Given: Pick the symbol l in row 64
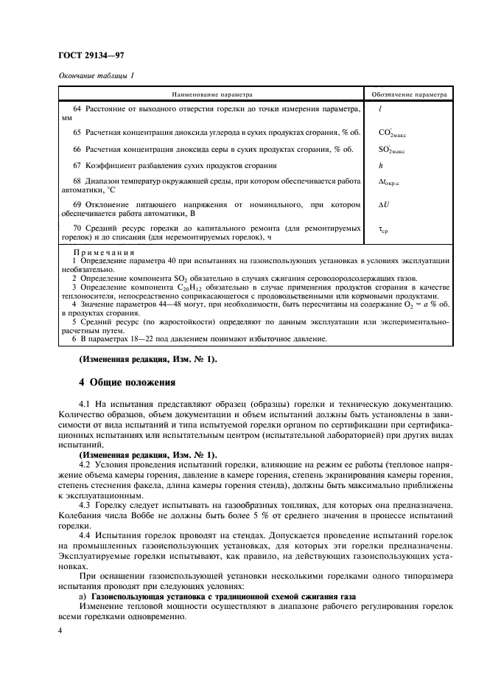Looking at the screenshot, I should [x=379, y=108].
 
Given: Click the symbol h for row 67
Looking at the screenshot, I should [x=380, y=166].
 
